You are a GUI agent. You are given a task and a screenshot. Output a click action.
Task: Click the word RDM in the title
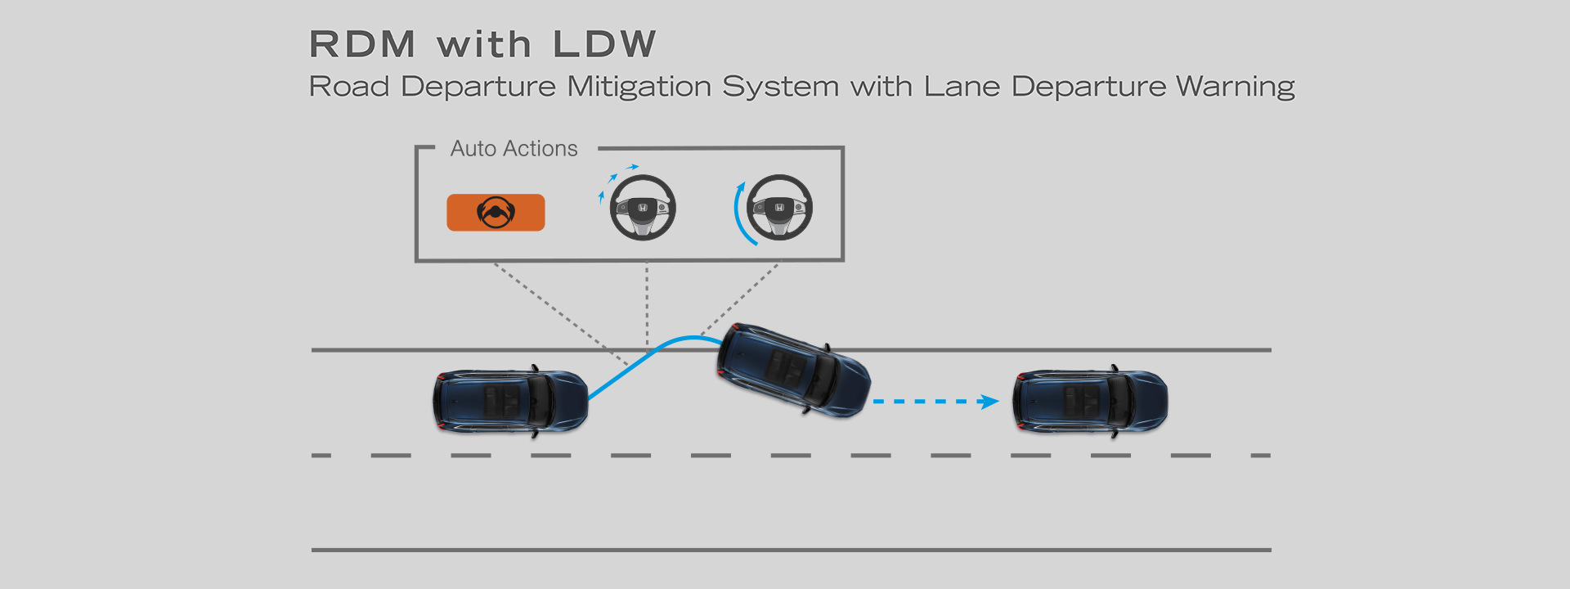[x=362, y=44]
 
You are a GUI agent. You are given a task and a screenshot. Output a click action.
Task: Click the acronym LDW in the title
[x=604, y=44]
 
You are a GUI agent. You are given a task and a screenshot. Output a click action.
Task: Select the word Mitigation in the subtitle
[x=639, y=87]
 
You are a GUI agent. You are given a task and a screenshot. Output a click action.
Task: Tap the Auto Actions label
[x=514, y=149]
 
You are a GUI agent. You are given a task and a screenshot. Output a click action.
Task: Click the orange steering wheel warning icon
[x=496, y=213]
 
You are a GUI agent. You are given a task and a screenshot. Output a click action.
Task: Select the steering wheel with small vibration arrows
[x=643, y=208]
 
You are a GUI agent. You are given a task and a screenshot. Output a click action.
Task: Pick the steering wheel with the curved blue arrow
[x=779, y=208]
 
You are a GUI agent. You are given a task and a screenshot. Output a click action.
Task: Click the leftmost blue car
[x=510, y=402]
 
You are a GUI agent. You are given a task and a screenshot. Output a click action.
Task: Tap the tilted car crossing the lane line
[x=793, y=370]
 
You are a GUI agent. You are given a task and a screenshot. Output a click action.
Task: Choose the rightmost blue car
[x=1090, y=401]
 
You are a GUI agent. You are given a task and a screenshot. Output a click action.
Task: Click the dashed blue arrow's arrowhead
[x=989, y=402]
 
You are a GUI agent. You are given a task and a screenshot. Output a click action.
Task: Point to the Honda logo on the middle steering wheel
[x=643, y=209]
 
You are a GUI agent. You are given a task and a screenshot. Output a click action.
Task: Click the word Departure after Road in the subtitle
[x=478, y=87]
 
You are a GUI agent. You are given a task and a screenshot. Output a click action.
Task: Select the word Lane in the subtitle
[x=962, y=87]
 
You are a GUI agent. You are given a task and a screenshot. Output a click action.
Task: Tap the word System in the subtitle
[x=780, y=87]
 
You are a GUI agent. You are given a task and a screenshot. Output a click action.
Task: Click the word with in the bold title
[x=484, y=44]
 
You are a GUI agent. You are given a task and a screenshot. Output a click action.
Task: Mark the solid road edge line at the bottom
[x=791, y=550]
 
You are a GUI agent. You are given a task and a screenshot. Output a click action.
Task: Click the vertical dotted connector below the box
[x=647, y=303]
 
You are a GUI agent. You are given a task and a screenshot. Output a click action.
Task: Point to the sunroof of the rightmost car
[x=1080, y=401]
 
